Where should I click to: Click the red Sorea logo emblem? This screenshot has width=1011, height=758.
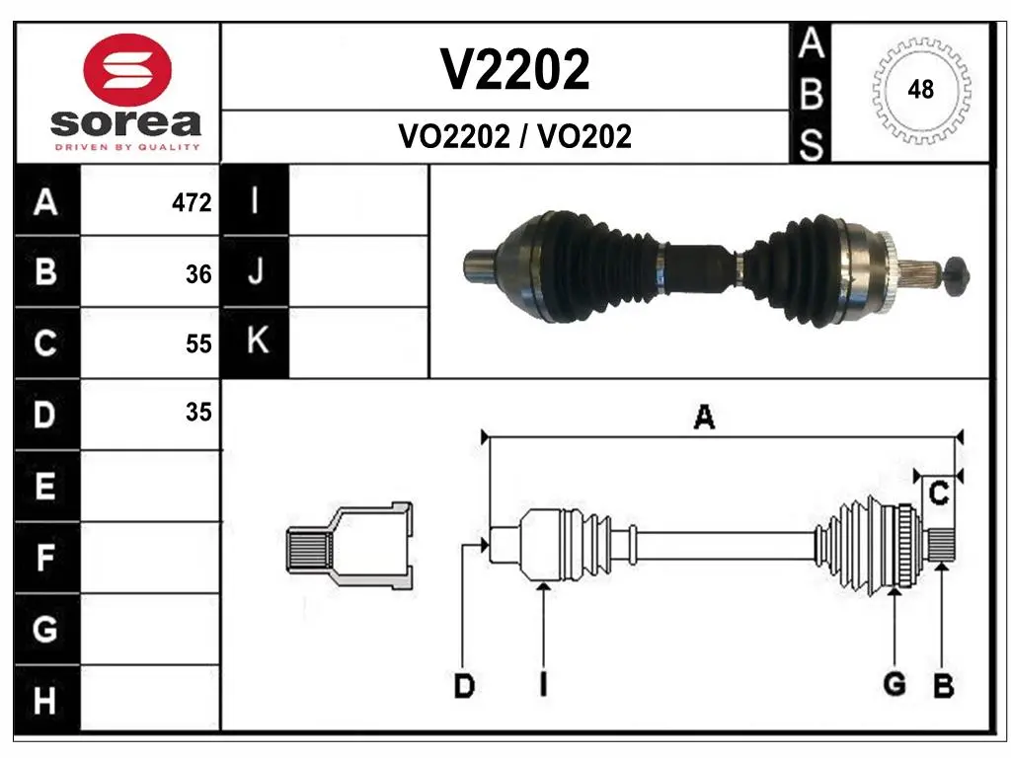[127, 70]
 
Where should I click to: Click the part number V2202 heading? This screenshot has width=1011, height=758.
[514, 69]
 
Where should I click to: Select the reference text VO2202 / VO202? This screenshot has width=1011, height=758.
[514, 136]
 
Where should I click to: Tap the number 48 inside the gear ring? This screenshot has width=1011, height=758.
[920, 89]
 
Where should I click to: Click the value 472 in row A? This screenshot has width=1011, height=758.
[192, 202]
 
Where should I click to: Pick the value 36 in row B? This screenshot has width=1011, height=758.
[198, 274]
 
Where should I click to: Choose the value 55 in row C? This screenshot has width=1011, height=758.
[198, 343]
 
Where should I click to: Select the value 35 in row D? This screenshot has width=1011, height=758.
[198, 412]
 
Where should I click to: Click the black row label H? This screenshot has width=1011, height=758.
[46, 700]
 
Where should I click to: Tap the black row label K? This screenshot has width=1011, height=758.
[256, 341]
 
